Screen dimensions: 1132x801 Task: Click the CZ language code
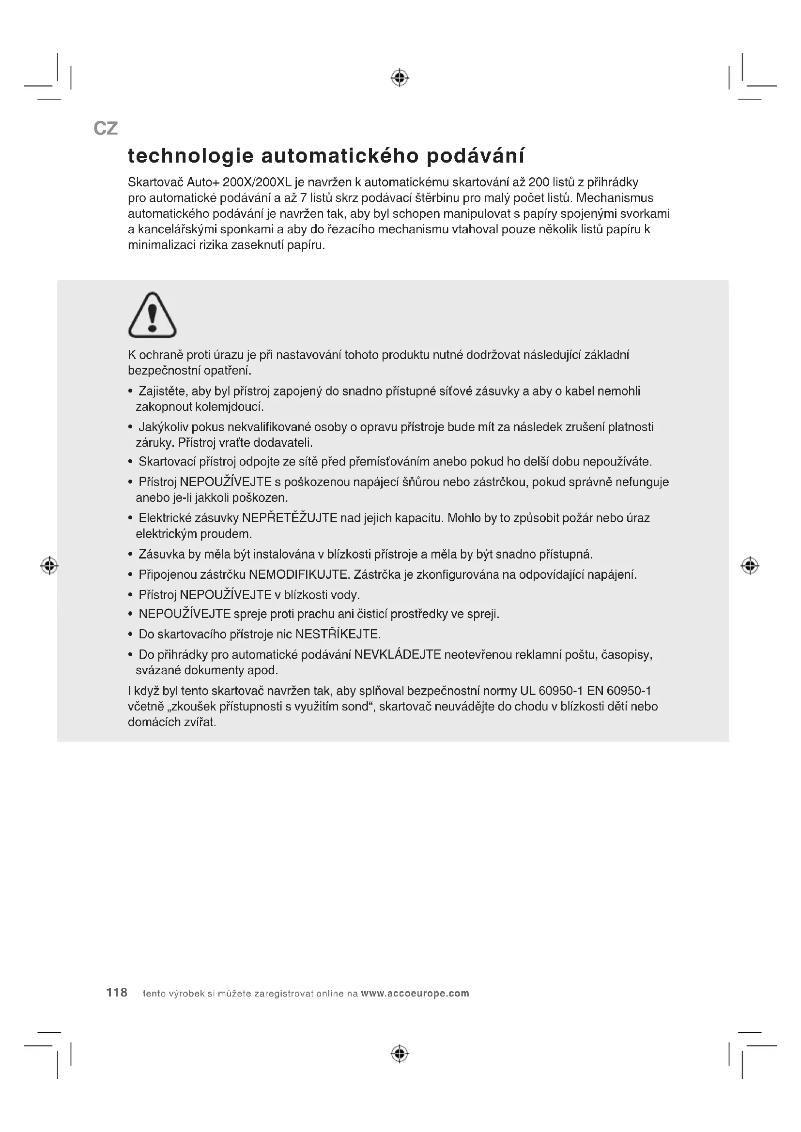click(x=106, y=129)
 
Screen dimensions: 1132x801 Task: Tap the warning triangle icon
click(x=152, y=315)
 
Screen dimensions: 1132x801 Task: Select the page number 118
click(x=117, y=993)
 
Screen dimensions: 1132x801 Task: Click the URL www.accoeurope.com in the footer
click(x=415, y=994)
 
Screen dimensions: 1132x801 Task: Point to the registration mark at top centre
click(x=400, y=78)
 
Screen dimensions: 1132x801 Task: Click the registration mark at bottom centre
click(x=400, y=1054)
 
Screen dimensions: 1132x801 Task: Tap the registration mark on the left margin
click(x=49, y=565)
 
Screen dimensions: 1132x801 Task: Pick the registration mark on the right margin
click(x=750, y=565)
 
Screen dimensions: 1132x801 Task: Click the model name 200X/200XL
click(x=257, y=182)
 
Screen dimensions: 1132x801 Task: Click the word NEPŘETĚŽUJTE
click(x=290, y=518)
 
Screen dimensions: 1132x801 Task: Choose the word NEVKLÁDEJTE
click(x=397, y=655)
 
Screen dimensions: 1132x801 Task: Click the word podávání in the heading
click(x=475, y=156)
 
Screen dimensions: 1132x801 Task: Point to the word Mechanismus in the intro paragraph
click(x=615, y=198)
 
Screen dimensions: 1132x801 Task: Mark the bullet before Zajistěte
click(x=131, y=392)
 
